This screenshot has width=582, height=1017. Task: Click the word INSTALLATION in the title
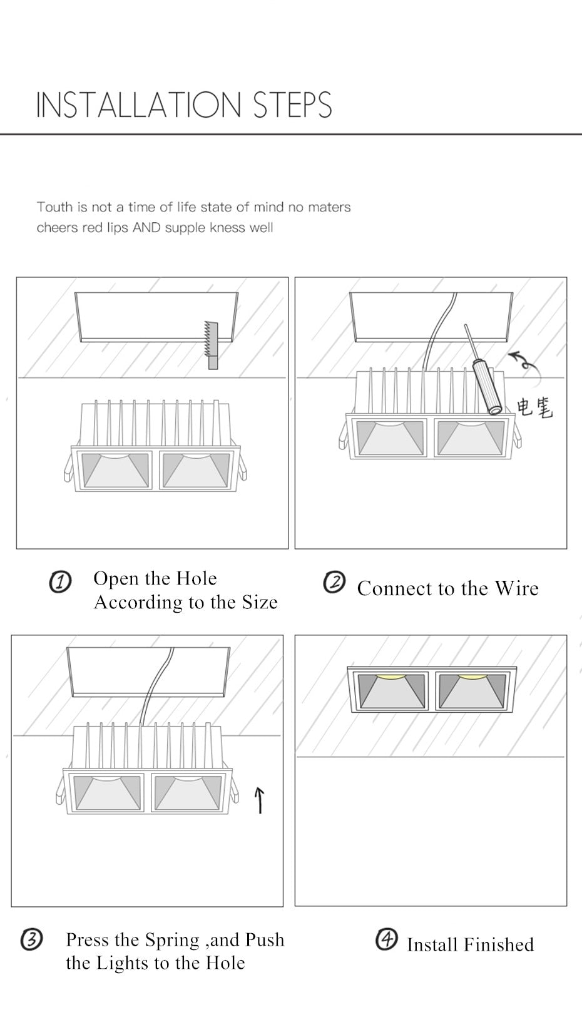point(138,105)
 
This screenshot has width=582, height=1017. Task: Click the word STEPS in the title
point(292,105)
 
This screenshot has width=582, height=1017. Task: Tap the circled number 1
point(60,583)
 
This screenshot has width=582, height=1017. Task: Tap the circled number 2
point(334,583)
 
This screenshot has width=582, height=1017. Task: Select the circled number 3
point(31,939)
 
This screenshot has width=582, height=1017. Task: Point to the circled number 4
point(386,939)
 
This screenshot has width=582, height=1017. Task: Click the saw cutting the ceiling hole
point(212,344)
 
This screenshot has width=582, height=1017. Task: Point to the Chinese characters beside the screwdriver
point(534,407)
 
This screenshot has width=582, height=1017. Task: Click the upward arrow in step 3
point(260,800)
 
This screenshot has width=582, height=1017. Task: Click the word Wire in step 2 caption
point(516,588)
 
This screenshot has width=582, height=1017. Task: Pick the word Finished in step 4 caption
point(499,944)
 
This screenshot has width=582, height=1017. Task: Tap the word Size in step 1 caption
point(260,602)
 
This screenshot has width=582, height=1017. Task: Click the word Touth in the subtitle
point(54,207)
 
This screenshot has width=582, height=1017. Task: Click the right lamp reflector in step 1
point(195,469)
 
